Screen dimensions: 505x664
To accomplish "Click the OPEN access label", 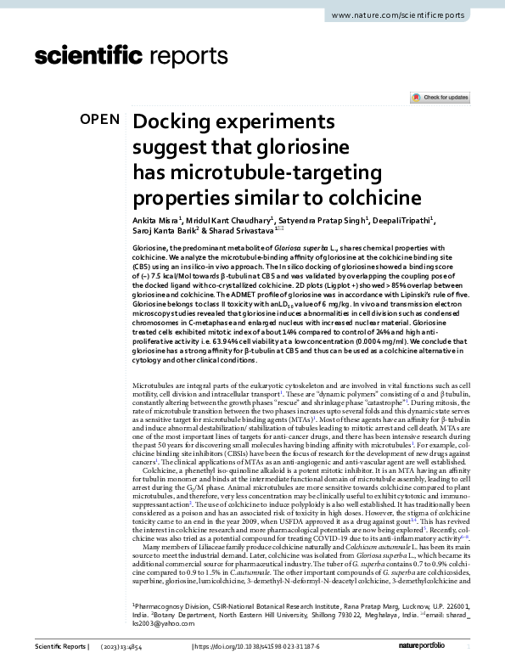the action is (x=100, y=120).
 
